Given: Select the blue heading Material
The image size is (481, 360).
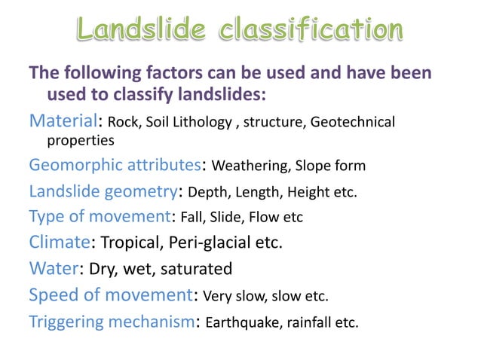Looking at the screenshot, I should [63, 121].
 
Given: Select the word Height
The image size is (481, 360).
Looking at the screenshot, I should [308, 192].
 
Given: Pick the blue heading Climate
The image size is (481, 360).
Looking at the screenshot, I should [60, 243].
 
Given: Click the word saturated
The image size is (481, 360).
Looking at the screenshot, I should [197, 269].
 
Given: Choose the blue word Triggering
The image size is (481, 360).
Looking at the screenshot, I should [69, 322].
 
